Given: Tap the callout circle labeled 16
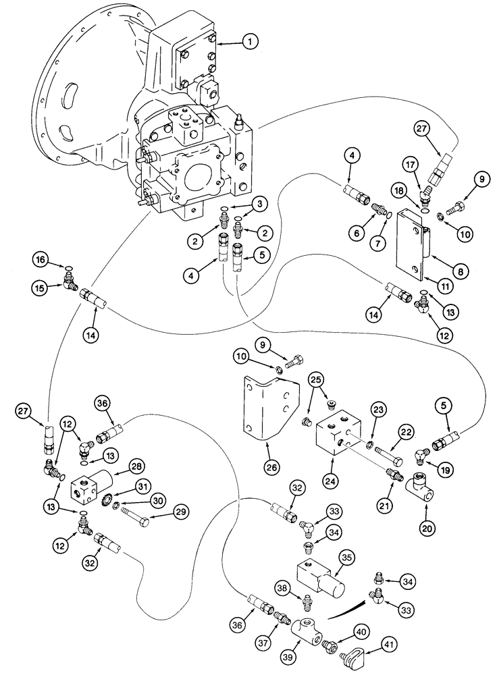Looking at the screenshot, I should coord(42,260).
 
